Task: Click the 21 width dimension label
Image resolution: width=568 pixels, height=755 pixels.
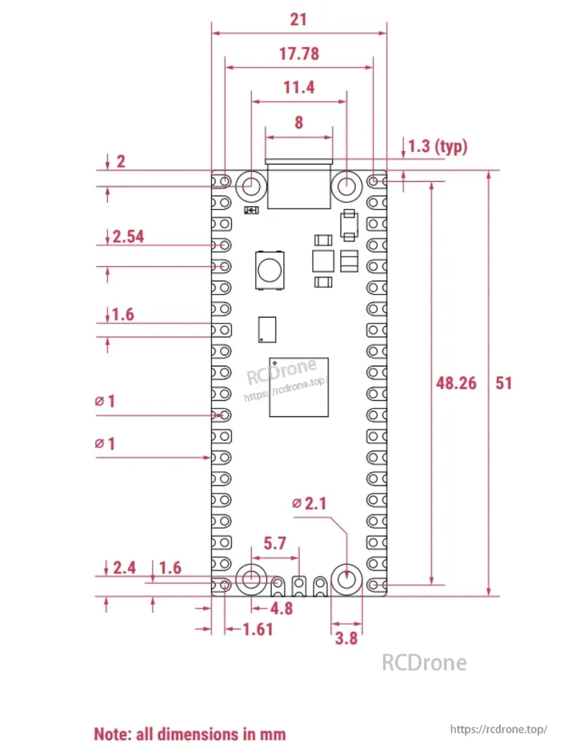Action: click(x=298, y=20)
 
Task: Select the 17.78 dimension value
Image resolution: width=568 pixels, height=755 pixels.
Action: click(x=298, y=54)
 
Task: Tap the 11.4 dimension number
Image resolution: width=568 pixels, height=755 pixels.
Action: click(x=298, y=88)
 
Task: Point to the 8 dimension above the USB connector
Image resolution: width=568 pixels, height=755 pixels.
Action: click(x=298, y=123)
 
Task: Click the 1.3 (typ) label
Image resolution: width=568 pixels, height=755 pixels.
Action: click(x=438, y=147)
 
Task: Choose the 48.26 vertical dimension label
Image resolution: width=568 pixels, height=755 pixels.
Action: click(x=456, y=383)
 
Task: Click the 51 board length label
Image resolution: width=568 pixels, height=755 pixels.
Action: click(x=503, y=383)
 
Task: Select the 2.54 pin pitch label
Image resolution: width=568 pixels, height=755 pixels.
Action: click(x=128, y=237)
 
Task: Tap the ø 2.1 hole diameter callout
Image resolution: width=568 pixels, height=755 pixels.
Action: click(x=309, y=503)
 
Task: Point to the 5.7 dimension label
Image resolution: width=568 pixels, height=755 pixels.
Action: click(x=275, y=544)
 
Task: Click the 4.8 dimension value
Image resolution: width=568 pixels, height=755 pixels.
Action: click(x=281, y=608)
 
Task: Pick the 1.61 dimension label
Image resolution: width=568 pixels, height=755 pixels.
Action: click(x=257, y=629)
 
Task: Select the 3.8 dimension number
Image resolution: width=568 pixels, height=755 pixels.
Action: click(x=346, y=637)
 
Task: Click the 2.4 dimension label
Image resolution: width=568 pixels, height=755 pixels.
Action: click(x=124, y=568)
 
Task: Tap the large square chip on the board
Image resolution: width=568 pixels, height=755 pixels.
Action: click(x=299, y=387)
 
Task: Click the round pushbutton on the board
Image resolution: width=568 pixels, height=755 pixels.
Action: click(x=270, y=269)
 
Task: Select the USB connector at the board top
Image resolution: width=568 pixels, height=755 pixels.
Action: click(x=299, y=184)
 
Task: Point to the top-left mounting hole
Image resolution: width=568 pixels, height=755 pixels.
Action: click(x=251, y=185)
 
